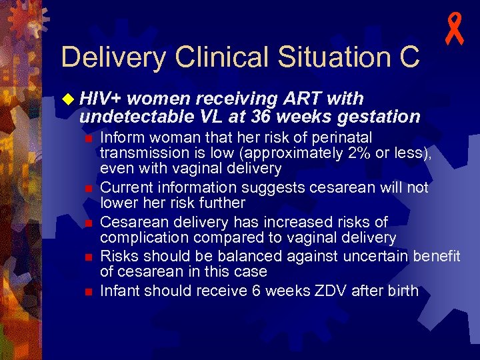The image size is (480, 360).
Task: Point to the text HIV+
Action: (x=100, y=99)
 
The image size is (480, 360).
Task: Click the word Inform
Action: (x=121, y=137)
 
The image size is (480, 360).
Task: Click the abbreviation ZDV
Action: (x=336, y=291)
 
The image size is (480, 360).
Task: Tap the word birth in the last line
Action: (x=403, y=291)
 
